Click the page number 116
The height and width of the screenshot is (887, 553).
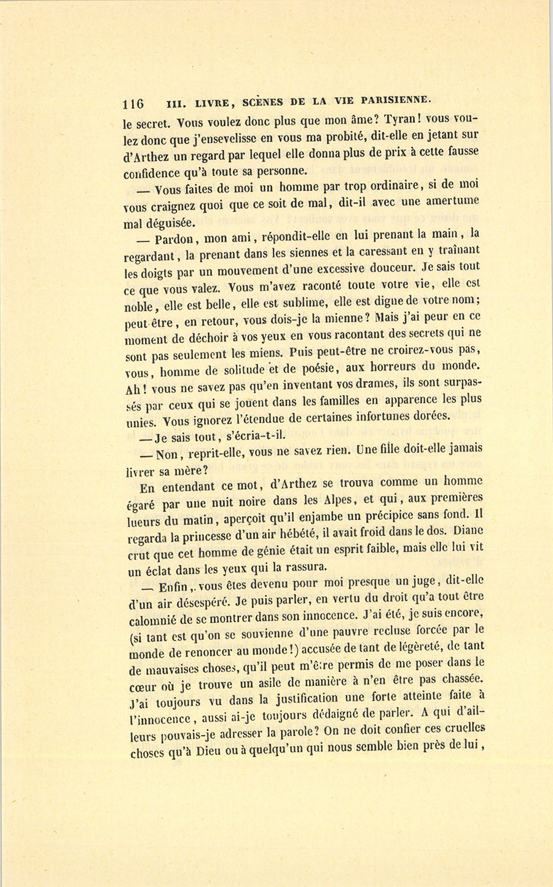point(133,103)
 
